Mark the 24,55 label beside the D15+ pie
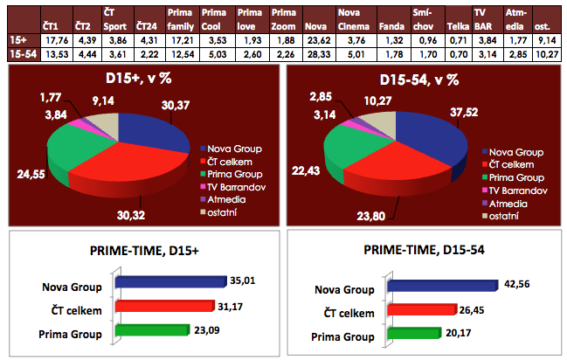30,174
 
